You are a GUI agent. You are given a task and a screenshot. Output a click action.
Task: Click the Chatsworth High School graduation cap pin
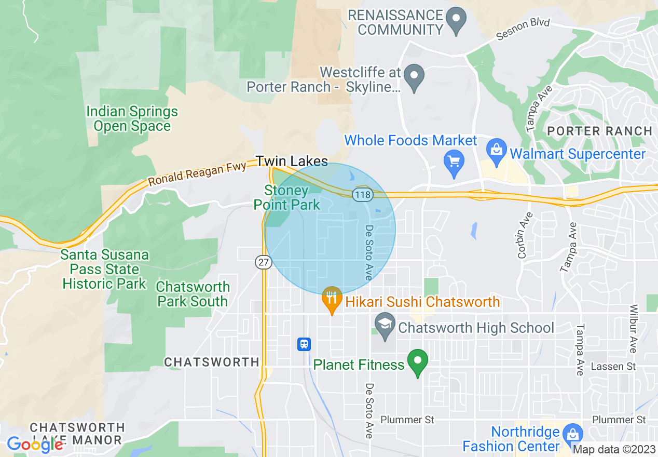click(385, 327)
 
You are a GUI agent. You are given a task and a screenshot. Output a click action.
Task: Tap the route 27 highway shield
click(264, 263)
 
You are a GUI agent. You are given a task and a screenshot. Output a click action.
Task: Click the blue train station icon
click(304, 344)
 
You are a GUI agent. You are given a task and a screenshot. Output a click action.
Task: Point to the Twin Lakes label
click(293, 161)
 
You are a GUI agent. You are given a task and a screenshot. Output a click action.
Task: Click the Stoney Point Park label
click(286, 198)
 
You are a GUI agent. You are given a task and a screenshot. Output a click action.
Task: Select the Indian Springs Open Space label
click(132, 119)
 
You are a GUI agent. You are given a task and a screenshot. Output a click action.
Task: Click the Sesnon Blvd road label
click(523, 30)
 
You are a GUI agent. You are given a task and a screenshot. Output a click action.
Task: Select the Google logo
click(35, 445)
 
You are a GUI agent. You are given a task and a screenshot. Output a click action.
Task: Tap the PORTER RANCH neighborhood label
click(600, 131)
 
